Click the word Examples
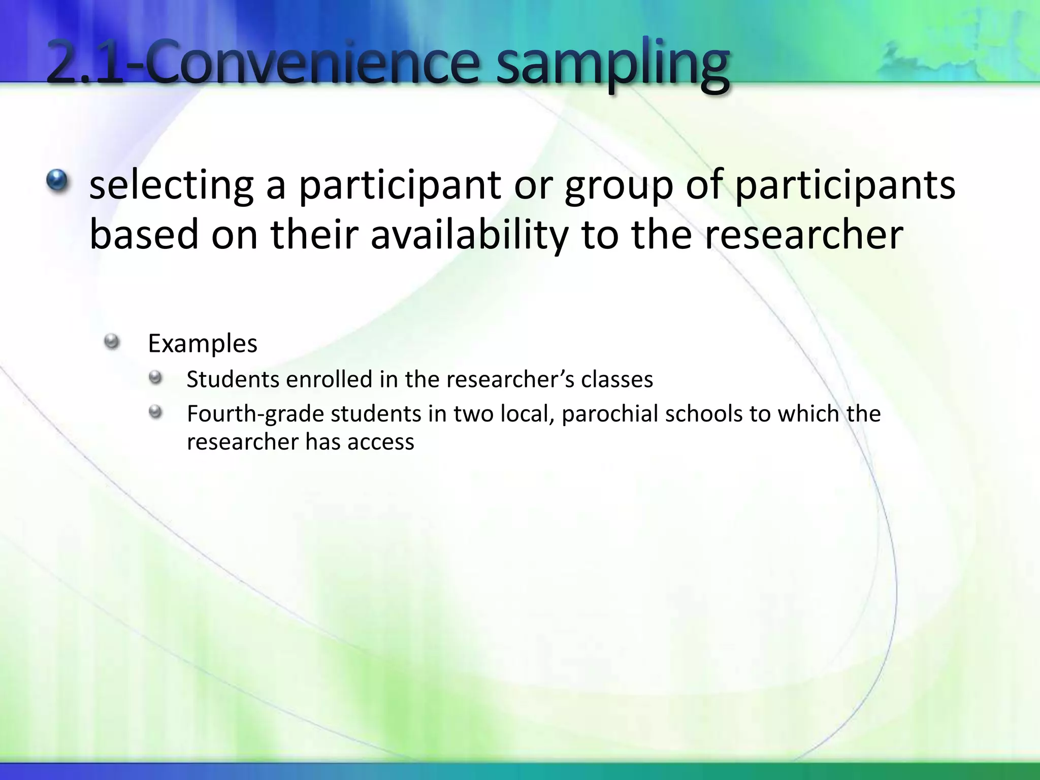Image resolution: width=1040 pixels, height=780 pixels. pos(203,344)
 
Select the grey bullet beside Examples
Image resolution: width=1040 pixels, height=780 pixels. pos(111,341)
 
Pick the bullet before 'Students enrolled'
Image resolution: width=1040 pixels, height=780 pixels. pos(155,377)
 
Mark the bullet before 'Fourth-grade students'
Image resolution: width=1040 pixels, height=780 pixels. pos(155,412)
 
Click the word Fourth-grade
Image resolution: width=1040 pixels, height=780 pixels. pos(255,414)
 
